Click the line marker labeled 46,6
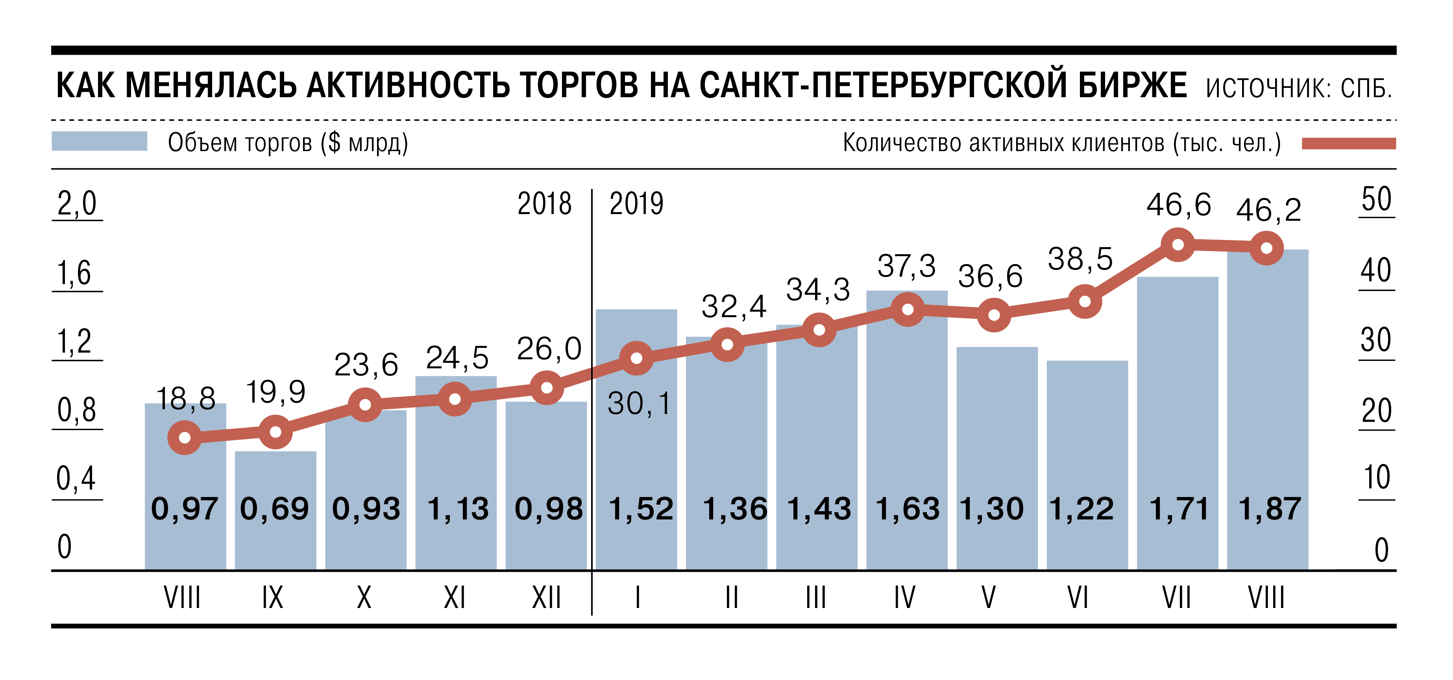(x=1178, y=245)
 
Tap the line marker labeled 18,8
(x=185, y=438)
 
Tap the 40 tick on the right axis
(x=1376, y=271)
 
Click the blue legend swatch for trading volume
(x=99, y=141)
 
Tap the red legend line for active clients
(x=1348, y=144)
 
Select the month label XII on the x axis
(x=546, y=598)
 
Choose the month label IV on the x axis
(x=904, y=598)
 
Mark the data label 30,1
(x=639, y=404)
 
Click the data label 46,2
(x=1268, y=210)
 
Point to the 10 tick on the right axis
(x=1376, y=478)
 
